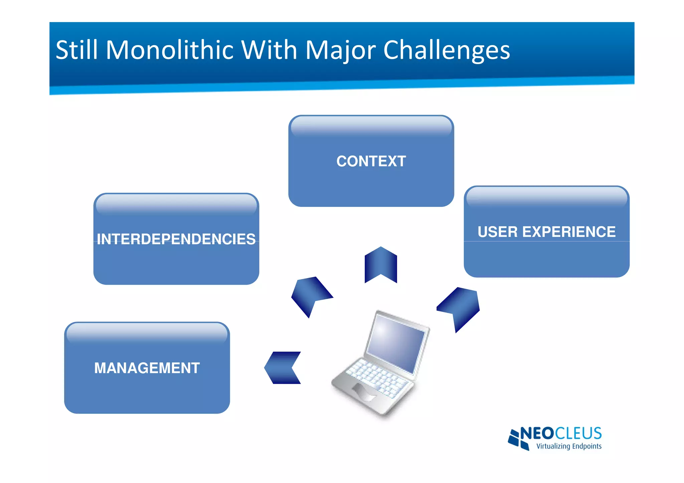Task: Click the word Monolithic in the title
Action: click(x=170, y=50)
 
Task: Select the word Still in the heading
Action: click(x=76, y=50)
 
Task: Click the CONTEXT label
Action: click(x=371, y=161)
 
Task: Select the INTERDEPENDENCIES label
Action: click(x=176, y=239)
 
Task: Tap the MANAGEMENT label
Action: click(x=147, y=368)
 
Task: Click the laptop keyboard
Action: click(x=377, y=377)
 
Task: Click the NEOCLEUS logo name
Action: click(x=561, y=433)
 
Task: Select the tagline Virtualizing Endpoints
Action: click(x=568, y=446)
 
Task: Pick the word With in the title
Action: click(x=269, y=50)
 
